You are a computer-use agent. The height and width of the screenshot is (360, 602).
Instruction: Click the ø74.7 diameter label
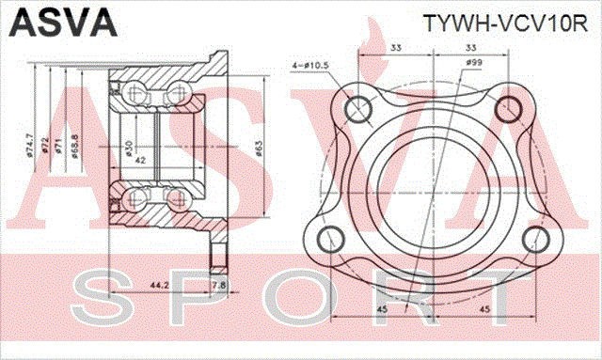[x=29, y=145]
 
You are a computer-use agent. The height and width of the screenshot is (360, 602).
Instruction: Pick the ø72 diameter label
[x=43, y=146]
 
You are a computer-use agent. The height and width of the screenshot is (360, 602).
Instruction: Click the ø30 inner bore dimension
[x=127, y=148]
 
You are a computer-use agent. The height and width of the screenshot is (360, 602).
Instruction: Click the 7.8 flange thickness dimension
[x=218, y=283]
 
